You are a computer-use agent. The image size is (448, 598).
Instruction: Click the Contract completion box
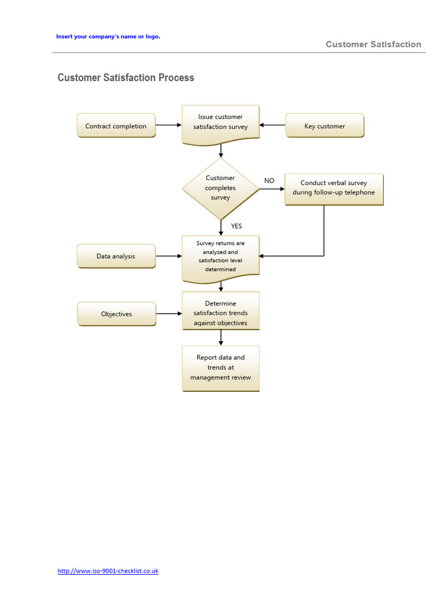pos(116,126)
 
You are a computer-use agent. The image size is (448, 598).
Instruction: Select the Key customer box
pos(324,126)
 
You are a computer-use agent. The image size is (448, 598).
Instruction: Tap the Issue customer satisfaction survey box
pos(220,122)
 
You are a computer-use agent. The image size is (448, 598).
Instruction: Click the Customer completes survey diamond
pos(220,188)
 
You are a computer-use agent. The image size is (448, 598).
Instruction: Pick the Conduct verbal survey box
pos(334,188)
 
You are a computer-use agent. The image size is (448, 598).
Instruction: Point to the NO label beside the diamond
pos(269,180)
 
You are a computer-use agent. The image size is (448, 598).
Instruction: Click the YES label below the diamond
pos(236,226)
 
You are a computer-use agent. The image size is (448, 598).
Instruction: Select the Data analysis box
pos(116,256)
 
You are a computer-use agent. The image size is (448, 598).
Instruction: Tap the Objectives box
pos(116,314)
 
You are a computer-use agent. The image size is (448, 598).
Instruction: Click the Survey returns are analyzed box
pos(220,256)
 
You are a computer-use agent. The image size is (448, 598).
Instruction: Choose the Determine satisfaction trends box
pos(220,313)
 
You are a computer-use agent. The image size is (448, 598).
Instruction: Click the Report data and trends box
pos(220,368)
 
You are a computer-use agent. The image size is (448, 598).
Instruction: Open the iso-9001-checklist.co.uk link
pos(108,571)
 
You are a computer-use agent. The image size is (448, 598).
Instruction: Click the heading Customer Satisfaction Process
pos(126,78)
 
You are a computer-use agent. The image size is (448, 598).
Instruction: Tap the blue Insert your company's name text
pos(108,36)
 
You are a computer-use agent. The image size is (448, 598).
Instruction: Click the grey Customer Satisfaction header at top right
pos(373,44)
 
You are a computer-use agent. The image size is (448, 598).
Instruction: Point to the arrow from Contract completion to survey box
pos(169,125)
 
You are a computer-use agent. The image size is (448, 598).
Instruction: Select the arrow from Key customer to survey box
pos(272,125)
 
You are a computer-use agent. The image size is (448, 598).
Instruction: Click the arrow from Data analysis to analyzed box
pos(169,256)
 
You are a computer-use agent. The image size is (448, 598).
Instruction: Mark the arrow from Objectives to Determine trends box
pos(169,314)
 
